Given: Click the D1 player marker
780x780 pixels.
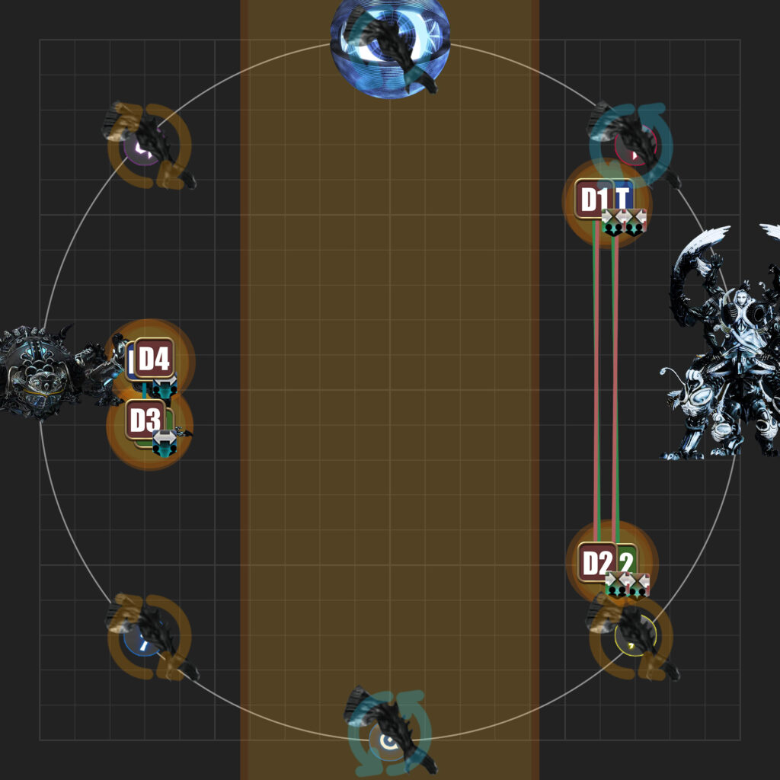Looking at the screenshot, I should [x=593, y=199].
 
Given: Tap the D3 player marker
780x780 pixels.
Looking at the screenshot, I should [x=145, y=420].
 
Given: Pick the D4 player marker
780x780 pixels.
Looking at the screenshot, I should [x=154, y=358].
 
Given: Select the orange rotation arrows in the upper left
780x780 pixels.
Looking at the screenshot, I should [x=149, y=145].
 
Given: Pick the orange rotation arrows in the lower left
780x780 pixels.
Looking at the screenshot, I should [x=149, y=636].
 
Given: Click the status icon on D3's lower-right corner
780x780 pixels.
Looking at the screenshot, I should [x=165, y=443].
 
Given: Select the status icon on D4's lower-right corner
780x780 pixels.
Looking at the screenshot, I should [x=163, y=388].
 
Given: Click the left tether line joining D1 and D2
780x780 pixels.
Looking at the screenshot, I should [x=596, y=381].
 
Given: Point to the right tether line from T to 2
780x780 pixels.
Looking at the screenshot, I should [x=615, y=381].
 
